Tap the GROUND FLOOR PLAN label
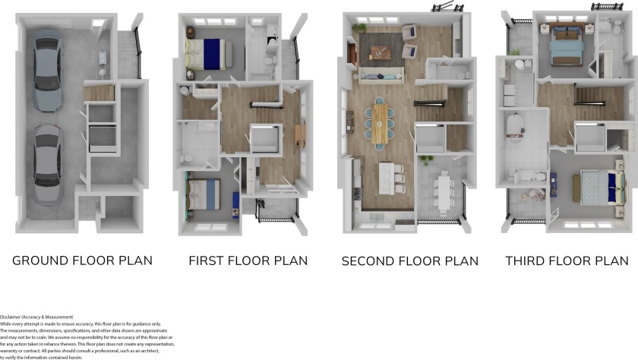pyautogui.click(x=82, y=261)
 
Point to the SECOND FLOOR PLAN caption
pyautogui.click(x=409, y=261)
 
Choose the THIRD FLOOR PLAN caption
pyautogui.click(x=567, y=261)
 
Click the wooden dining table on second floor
pyautogui.click(x=380, y=122)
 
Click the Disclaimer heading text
pyautogui.click(x=36, y=317)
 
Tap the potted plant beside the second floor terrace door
pyautogui.click(x=426, y=160)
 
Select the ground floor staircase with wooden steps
pyautogui.click(x=99, y=93)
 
